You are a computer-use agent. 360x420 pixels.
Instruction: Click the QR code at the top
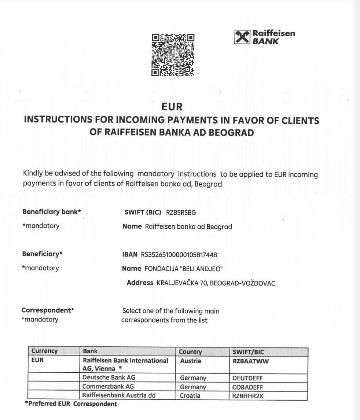point(173,55)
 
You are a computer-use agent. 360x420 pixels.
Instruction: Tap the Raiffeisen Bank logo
point(264,37)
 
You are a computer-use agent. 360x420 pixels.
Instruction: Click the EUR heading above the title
point(172,107)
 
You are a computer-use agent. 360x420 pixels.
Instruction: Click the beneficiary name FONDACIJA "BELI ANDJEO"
point(184,269)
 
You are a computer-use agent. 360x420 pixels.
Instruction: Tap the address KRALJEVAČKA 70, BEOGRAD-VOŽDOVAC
point(216,283)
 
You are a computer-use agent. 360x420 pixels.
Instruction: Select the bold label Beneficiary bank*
point(52,212)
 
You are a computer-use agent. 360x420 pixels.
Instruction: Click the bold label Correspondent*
point(48,310)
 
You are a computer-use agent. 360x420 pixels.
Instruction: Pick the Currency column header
point(44,351)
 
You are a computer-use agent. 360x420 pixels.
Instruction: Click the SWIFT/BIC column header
point(248,352)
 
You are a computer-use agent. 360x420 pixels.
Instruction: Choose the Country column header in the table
point(190,352)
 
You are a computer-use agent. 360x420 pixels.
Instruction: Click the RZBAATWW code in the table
point(251,361)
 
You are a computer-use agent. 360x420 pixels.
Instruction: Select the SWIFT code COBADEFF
point(248,387)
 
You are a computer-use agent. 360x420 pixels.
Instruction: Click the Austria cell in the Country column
point(191,361)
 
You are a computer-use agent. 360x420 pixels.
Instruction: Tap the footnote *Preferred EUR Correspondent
point(71,404)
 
